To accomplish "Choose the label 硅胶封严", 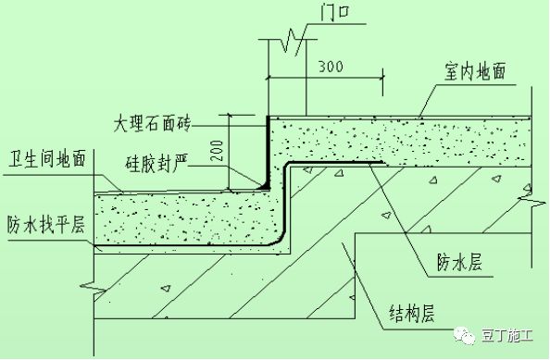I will coord(158,165).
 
